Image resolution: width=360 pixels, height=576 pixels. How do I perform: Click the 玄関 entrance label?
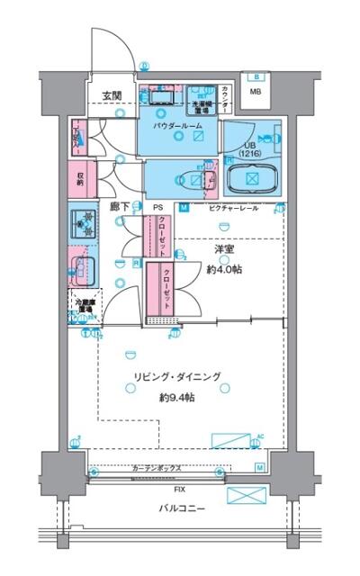tap(111, 95)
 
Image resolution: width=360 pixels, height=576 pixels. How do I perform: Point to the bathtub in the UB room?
tap(252, 178)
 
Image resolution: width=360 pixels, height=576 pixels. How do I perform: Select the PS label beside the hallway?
tap(157, 208)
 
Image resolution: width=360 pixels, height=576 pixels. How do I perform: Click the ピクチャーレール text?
tap(234, 209)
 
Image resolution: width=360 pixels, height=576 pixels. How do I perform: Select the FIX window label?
tap(181, 490)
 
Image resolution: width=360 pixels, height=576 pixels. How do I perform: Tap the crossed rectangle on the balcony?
tap(248, 497)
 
